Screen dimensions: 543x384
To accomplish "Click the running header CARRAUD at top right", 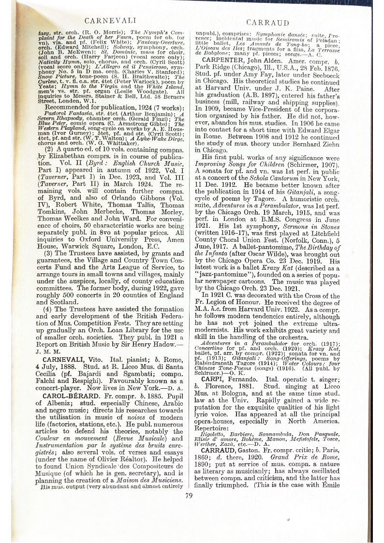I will tap(267, 22).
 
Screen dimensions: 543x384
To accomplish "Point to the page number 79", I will tap(189, 494).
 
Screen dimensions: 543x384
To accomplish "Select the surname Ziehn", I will tap(331, 168).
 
